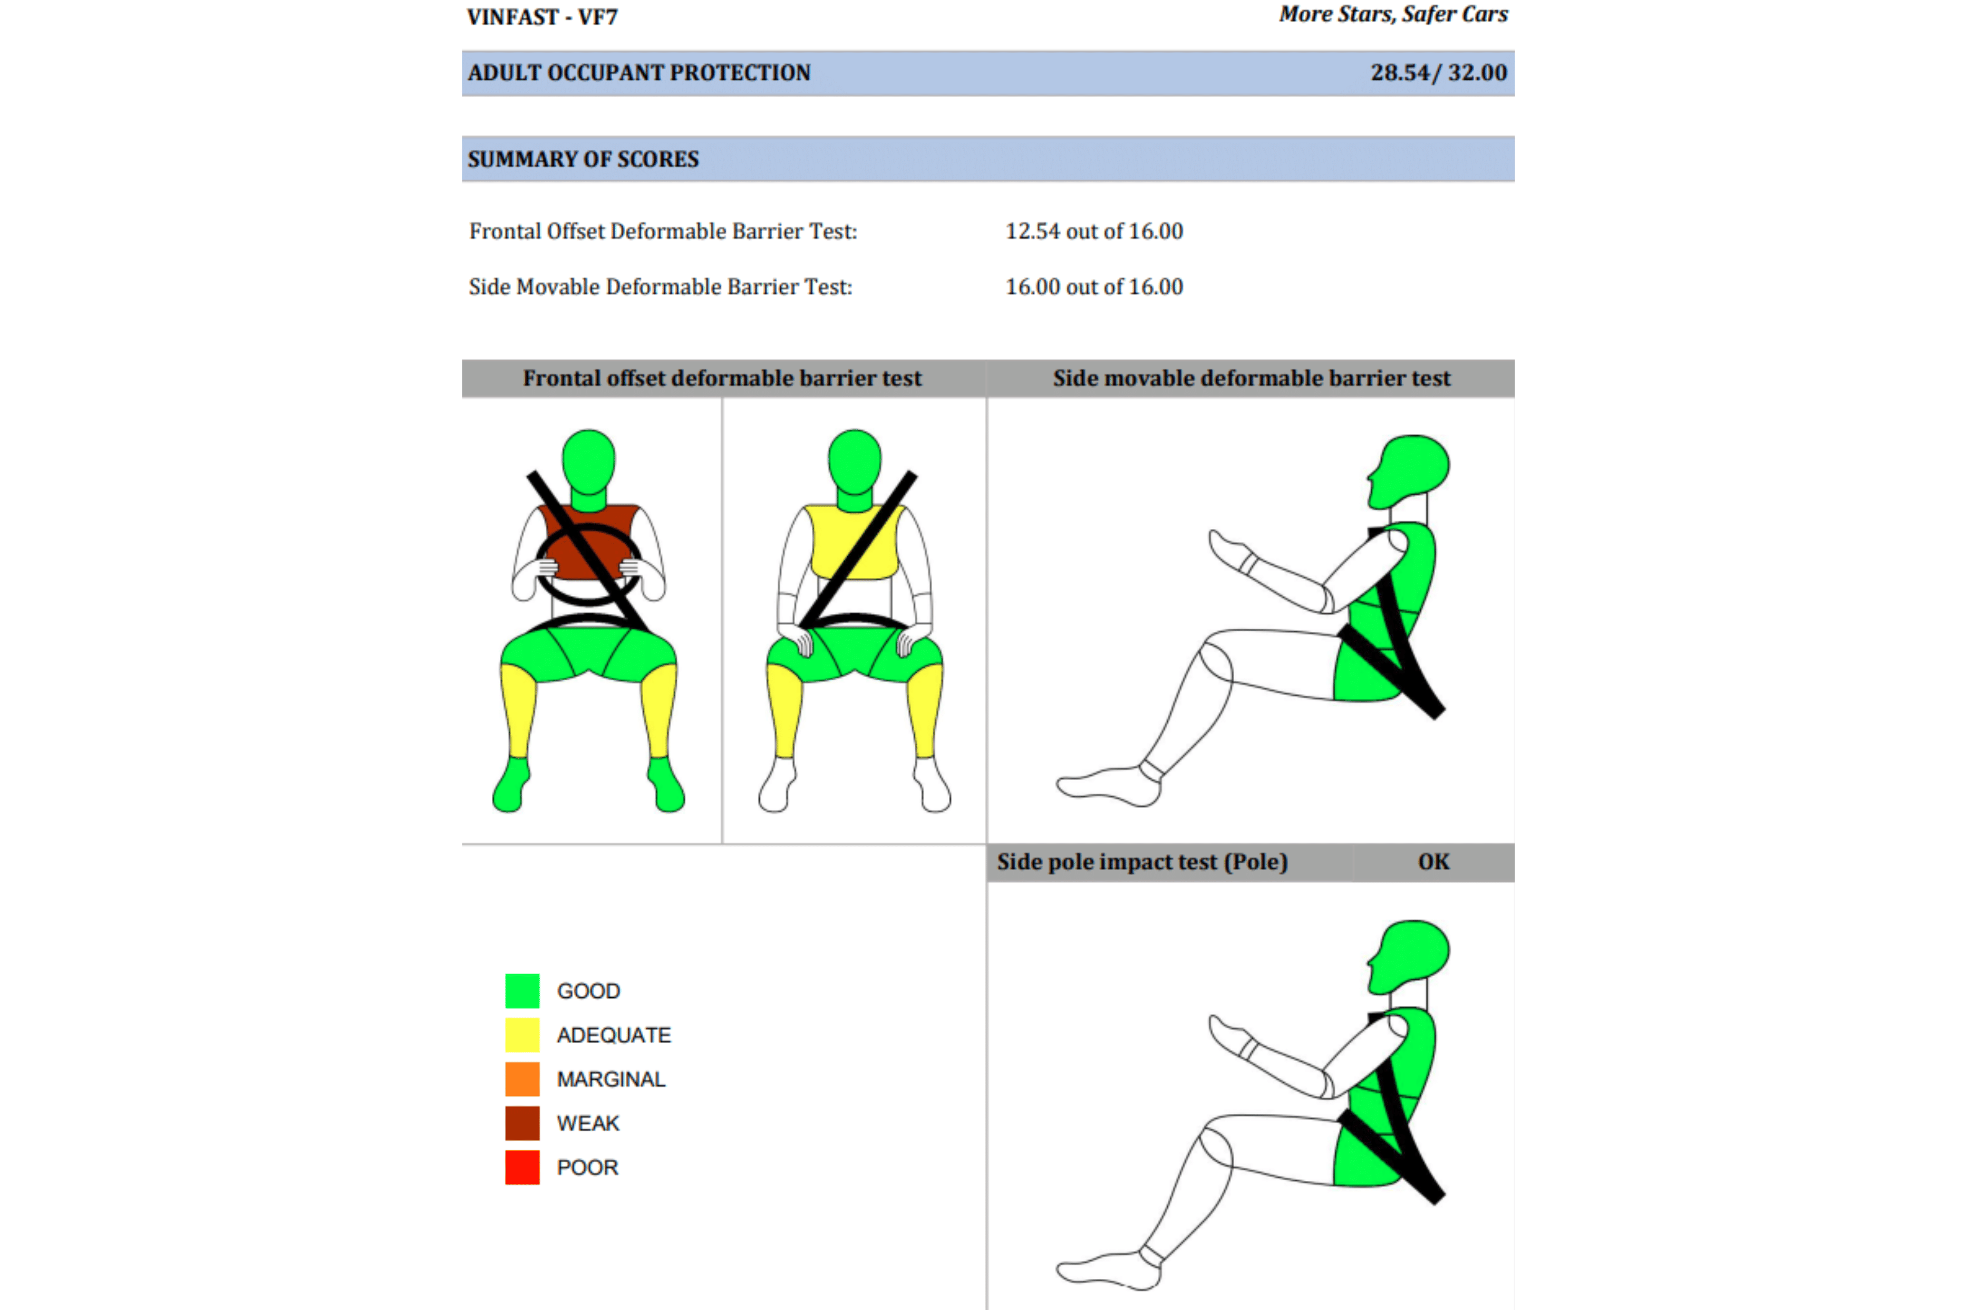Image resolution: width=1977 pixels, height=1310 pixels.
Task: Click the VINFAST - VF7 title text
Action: tap(542, 17)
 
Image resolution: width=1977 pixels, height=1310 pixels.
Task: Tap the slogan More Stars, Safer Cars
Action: tap(1393, 14)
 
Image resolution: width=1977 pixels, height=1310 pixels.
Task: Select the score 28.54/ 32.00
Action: tap(1438, 73)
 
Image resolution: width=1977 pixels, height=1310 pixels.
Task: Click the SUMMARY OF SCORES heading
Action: tap(583, 159)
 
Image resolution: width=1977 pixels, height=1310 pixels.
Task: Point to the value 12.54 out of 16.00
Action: tap(1094, 232)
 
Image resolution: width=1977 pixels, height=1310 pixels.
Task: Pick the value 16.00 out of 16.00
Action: tap(1094, 286)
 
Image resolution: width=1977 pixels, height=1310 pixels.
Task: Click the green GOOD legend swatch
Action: tap(522, 991)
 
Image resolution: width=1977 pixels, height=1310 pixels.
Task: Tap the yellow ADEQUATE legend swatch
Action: tap(522, 1035)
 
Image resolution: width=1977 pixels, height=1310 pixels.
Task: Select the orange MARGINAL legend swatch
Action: tap(522, 1078)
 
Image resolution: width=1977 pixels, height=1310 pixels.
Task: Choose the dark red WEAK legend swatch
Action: tap(522, 1123)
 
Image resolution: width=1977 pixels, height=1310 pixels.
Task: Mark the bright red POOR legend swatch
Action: tap(522, 1167)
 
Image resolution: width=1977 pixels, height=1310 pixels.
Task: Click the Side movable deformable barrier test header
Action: tap(1251, 379)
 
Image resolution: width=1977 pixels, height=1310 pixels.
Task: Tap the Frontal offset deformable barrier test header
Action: tap(722, 379)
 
